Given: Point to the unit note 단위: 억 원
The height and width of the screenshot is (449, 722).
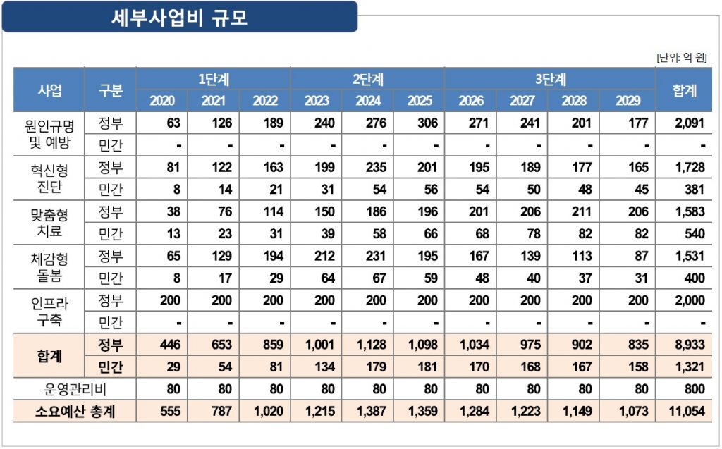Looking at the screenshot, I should pyautogui.click(x=681, y=57).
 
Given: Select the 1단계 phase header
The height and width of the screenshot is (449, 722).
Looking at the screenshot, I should pyautogui.click(x=213, y=79).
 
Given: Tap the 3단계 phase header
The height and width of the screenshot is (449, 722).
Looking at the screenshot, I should pyautogui.click(x=550, y=79).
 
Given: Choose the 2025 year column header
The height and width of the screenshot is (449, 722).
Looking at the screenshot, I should pyautogui.click(x=420, y=101).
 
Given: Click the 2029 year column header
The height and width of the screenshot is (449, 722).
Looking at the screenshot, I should pyautogui.click(x=628, y=101).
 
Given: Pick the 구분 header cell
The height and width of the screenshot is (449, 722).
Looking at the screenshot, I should pyautogui.click(x=111, y=90).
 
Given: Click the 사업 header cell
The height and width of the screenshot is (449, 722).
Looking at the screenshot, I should pyautogui.click(x=49, y=90).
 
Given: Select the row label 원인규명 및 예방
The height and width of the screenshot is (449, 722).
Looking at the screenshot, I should pyautogui.click(x=49, y=135).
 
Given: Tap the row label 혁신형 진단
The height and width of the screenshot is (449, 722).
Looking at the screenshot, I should pyautogui.click(x=49, y=178).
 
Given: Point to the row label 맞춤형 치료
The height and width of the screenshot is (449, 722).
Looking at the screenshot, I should pyautogui.click(x=49, y=223).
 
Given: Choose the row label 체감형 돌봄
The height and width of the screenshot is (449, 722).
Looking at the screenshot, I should pyautogui.click(x=49, y=267).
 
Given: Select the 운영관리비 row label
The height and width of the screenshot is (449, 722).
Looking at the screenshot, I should pyautogui.click(x=75, y=389).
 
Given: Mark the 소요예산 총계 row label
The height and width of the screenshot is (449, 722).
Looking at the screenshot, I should pyautogui.click(x=75, y=412).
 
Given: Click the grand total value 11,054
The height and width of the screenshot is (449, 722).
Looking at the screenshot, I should pyautogui.click(x=686, y=412).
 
